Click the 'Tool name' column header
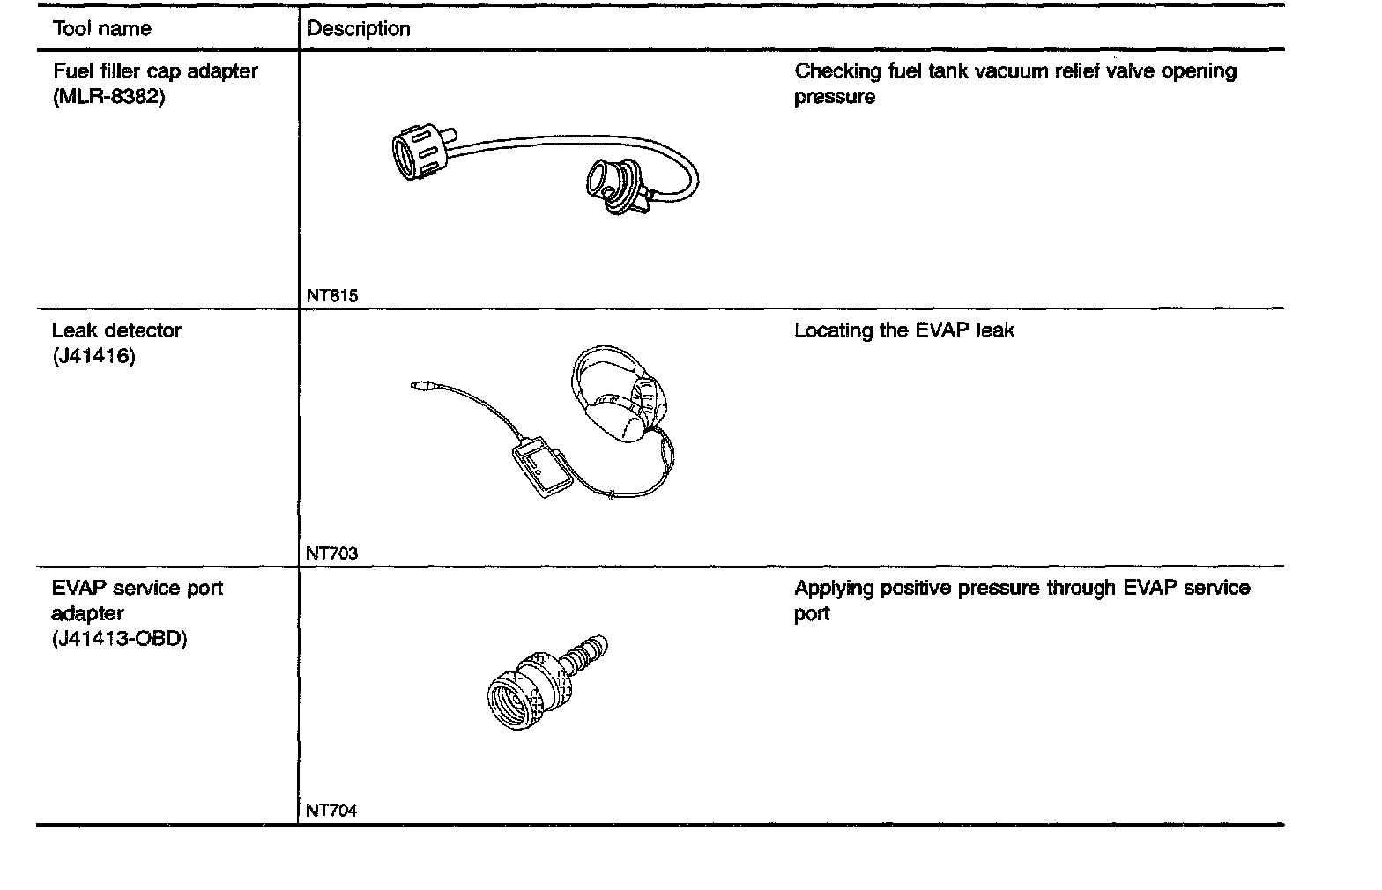pyautogui.click(x=101, y=29)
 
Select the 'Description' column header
pyautogui.click(x=359, y=29)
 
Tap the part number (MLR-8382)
pyautogui.click(x=108, y=97)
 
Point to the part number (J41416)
pyautogui.click(x=93, y=357)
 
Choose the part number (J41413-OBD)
pyautogui.click(x=119, y=639)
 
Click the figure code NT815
pyautogui.click(x=332, y=296)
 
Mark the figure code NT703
pyautogui.click(x=332, y=553)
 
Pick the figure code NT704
pyautogui.click(x=332, y=811)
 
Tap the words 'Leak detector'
pyautogui.click(x=116, y=331)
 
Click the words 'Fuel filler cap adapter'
pyautogui.click(x=155, y=71)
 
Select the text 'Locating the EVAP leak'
pyautogui.click(x=904, y=331)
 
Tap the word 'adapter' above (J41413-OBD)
pyautogui.click(x=87, y=613)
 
